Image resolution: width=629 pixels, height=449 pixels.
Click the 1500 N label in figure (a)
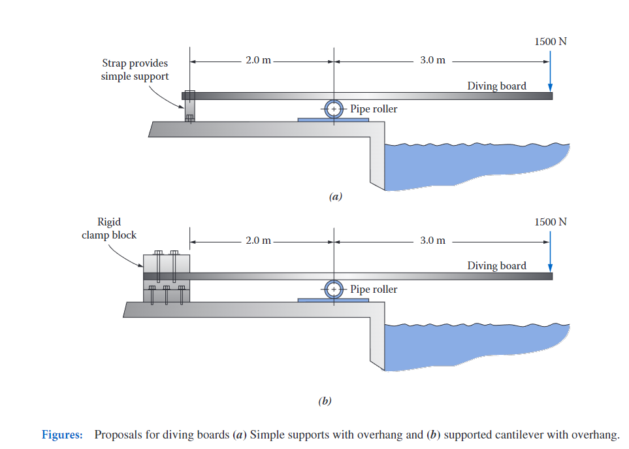tap(550, 41)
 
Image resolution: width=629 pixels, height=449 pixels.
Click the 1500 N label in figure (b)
tap(550, 222)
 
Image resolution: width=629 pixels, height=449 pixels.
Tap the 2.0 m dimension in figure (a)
tap(258, 60)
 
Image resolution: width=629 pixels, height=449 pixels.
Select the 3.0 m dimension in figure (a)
tap(432, 60)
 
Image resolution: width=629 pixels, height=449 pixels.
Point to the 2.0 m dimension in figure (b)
tap(258, 241)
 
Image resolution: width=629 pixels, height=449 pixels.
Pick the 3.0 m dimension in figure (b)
tap(432, 241)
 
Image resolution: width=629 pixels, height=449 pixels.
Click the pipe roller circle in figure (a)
tap(334, 109)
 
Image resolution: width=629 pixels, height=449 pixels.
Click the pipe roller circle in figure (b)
tap(334, 289)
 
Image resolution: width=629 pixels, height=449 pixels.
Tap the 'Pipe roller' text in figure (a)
tap(374, 109)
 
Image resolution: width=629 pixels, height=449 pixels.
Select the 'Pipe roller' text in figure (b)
tap(374, 289)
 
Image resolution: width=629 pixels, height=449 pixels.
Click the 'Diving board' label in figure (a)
tap(496, 86)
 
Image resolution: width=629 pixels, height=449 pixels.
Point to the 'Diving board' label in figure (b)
tap(496, 265)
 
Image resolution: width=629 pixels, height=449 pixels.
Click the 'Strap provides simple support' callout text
tap(135, 70)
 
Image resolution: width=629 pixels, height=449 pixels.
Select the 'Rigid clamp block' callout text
tap(109, 228)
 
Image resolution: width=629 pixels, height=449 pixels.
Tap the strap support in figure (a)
tap(189, 107)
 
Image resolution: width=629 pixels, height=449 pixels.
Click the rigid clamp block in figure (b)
tap(166, 278)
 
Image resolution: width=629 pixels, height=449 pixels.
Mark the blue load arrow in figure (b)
tap(551, 253)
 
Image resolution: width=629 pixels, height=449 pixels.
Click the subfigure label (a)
tap(335, 196)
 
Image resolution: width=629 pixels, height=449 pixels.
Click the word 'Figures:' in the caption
tap(62, 435)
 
